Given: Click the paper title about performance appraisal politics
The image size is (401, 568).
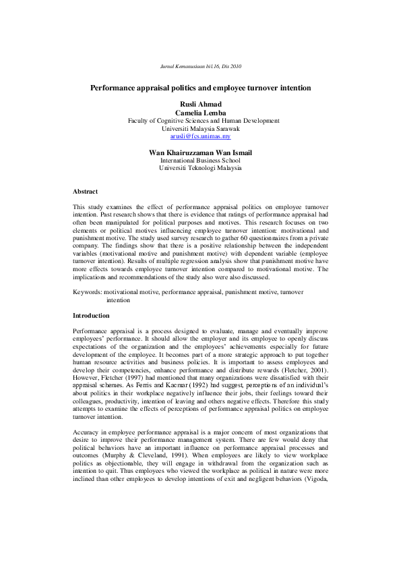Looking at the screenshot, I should coord(200,88).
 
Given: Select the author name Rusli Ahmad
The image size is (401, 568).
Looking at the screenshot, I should coord(200,104).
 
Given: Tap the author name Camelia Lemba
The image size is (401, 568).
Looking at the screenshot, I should coord(200,112).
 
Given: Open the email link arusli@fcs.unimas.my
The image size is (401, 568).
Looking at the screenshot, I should coord(200,136).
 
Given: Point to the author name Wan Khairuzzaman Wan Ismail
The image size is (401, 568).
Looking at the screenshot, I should coord(200,152).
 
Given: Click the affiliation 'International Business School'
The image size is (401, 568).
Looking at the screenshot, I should coord(200,161).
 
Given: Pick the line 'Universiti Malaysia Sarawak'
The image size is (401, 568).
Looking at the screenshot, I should coord(200,128).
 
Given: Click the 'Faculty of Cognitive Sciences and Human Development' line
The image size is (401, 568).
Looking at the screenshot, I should coord(200,120).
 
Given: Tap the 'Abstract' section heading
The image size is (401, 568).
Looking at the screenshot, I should coord(85,192).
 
